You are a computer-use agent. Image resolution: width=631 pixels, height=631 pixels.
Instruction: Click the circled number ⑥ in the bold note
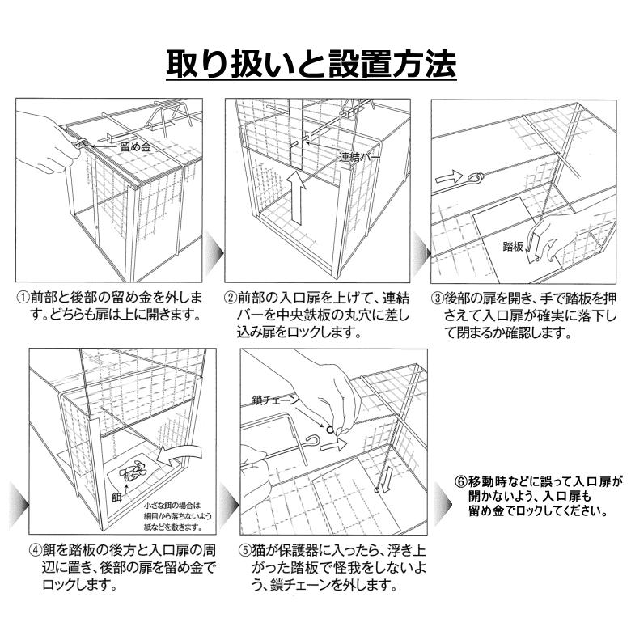tap(462, 480)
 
